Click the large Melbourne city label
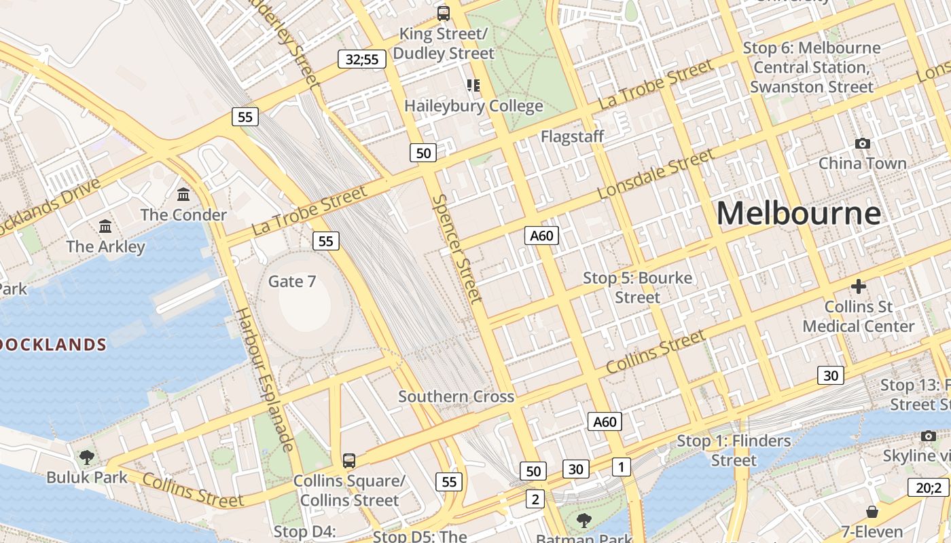tap(799, 213)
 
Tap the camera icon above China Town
tap(863, 143)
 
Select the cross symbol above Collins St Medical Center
tap(859, 286)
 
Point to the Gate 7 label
tap(292, 281)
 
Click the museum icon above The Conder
tap(183, 195)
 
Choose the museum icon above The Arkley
tap(105, 226)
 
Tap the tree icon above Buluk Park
tap(87, 457)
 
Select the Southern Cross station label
tap(456, 396)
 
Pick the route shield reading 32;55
tap(362, 59)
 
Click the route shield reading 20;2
tap(929, 487)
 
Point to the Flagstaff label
tap(572, 136)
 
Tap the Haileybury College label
tap(473, 106)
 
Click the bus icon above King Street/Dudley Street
tap(444, 13)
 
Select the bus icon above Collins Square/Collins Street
tap(349, 461)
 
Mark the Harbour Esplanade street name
tap(265, 379)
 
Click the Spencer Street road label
tap(457, 248)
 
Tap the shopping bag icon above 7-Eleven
tap(872, 511)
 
